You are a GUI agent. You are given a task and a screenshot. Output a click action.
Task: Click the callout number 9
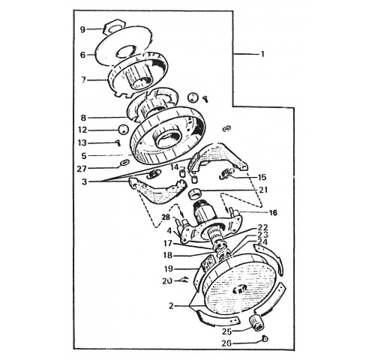(x=82, y=30)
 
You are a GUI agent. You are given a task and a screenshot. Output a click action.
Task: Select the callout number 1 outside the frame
(x=262, y=54)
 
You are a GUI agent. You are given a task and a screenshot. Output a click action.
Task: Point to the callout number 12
(x=82, y=130)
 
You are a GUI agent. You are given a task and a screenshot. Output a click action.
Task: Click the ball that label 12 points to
(x=123, y=129)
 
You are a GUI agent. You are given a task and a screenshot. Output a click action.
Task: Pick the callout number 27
(x=82, y=169)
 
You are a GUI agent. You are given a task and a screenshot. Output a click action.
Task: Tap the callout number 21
(x=263, y=190)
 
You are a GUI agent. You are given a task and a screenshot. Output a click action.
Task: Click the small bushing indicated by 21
(x=195, y=194)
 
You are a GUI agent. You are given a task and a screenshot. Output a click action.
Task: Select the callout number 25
(x=227, y=331)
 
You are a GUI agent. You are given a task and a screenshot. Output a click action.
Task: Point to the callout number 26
(x=226, y=343)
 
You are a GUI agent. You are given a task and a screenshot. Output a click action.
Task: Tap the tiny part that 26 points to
(x=265, y=339)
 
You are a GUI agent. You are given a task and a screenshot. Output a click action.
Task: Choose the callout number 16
(x=273, y=213)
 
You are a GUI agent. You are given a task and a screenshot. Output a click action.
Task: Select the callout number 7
(x=83, y=80)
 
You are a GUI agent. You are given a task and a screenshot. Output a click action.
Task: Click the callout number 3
(x=85, y=181)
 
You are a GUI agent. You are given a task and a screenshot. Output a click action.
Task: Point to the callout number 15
(x=262, y=177)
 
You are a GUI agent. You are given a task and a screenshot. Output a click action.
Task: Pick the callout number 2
(x=171, y=306)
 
